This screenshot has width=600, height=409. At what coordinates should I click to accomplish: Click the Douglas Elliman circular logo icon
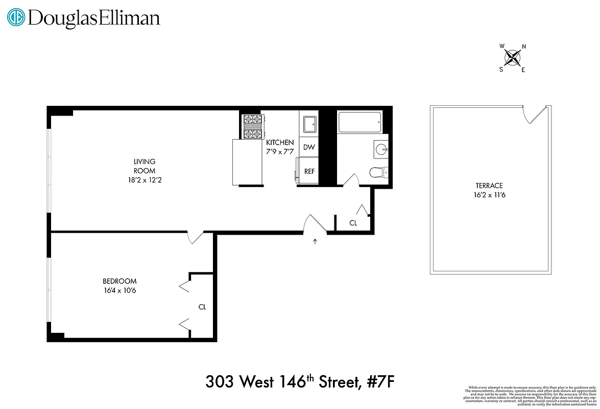(x=17, y=18)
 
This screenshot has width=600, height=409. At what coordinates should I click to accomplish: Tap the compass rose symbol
(x=513, y=58)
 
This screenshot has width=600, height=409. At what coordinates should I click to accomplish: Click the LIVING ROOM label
(x=145, y=166)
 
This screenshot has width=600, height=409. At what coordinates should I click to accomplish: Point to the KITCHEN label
(x=280, y=143)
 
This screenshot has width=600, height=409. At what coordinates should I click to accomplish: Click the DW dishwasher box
(x=309, y=147)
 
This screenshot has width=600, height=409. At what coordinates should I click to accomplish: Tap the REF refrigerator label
(x=309, y=172)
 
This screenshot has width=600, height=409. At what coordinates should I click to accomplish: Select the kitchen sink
(x=309, y=124)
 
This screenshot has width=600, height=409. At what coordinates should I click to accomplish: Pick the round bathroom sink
(x=380, y=149)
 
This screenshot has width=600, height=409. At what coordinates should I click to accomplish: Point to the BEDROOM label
(x=119, y=281)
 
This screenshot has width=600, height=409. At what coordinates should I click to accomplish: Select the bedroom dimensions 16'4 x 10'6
(x=119, y=291)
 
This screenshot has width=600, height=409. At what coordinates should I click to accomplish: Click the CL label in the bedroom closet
(x=202, y=307)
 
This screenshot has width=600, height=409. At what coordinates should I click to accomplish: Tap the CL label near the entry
(x=353, y=223)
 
